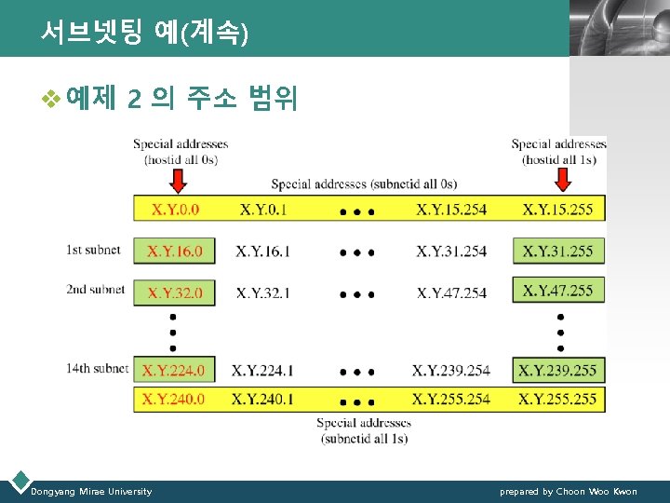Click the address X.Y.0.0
click(175, 210)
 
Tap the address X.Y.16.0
click(175, 251)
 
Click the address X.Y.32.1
click(262, 292)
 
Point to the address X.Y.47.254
click(451, 292)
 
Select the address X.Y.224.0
click(173, 371)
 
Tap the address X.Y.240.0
click(173, 399)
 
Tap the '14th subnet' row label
click(97, 369)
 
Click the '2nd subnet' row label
click(95, 290)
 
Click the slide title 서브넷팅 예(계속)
click(144, 34)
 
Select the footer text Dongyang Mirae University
click(91, 491)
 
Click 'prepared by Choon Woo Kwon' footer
click(569, 491)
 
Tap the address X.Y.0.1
click(263, 210)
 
